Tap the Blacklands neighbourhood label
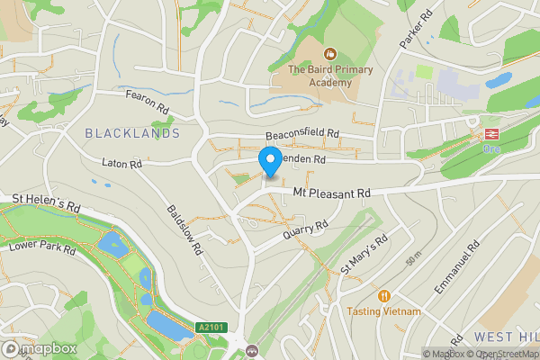click(x=132, y=133)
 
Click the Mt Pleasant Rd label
click(x=333, y=193)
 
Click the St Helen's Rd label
click(x=47, y=202)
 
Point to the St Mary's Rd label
click(x=364, y=254)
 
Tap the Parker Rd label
click(x=410, y=30)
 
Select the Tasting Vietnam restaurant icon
click(x=384, y=295)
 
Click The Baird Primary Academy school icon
click(x=330, y=54)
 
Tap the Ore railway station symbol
click(x=491, y=133)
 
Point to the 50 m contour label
click(x=413, y=260)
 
